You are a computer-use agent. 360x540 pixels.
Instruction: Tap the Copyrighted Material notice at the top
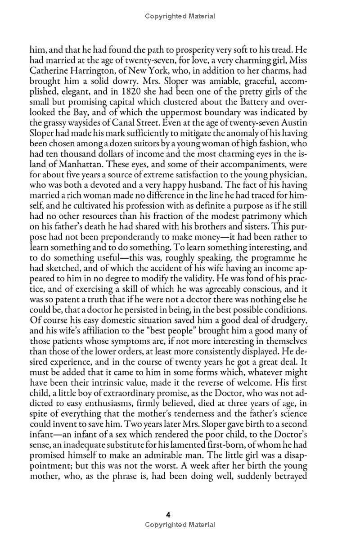click(180, 16)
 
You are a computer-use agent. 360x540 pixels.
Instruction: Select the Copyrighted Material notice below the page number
click(180, 525)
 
